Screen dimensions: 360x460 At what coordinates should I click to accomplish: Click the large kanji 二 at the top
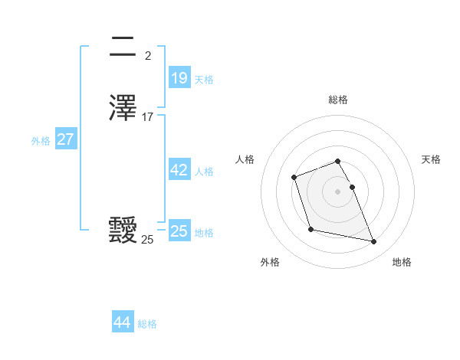(x=123, y=47)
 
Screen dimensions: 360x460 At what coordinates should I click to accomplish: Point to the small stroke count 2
(x=148, y=55)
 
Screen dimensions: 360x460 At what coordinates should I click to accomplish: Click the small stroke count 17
(x=148, y=117)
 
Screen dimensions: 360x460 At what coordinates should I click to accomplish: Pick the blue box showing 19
(x=179, y=78)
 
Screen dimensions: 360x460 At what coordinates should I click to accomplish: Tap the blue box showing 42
(x=179, y=170)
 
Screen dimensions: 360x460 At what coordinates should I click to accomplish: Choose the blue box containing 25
(x=179, y=231)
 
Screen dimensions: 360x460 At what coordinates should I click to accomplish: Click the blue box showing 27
(x=65, y=139)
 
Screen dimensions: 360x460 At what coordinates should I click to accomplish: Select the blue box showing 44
(x=122, y=322)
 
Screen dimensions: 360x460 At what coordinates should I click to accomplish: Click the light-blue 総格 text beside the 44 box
(x=147, y=324)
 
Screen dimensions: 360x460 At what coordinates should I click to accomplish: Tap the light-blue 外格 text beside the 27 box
(x=41, y=141)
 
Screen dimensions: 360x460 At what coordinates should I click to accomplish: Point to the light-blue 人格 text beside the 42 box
(x=204, y=172)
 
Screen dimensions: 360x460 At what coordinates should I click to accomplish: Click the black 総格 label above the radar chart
(x=337, y=100)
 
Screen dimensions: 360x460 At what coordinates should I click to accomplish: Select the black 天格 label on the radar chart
(x=431, y=159)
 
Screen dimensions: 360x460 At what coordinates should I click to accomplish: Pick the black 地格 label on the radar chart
(x=402, y=262)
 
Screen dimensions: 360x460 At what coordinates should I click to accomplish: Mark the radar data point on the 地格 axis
(x=374, y=242)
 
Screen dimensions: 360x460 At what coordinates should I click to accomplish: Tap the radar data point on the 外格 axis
(x=310, y=229)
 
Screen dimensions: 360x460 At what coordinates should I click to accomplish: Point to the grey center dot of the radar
(x=337, y=191)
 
